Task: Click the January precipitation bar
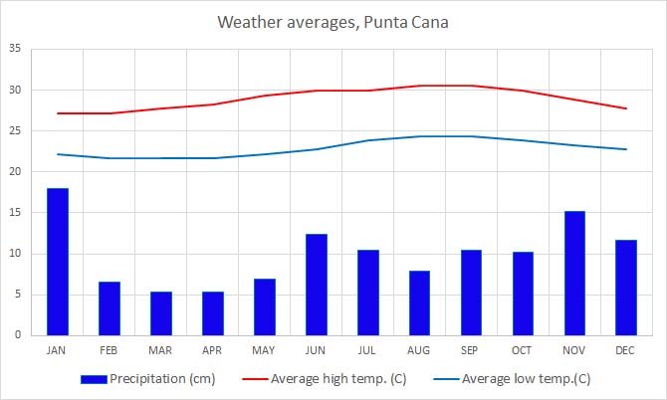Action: (x=58, y=262)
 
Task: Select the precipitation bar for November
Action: (x=574, y=273)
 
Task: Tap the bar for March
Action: (x=161, y=313)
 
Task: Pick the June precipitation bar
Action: (x=317, y=285)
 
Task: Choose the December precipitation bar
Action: (x=626, y=288)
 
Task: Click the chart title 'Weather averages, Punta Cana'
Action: (x=333, y=22)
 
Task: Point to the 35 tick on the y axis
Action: (x=15, y=49)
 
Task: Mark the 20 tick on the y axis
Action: (x=15, y=172)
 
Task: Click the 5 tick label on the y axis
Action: (x=18, y=295)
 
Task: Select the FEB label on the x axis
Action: (x=110, y=349)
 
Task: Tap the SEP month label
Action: (x=471, y=349)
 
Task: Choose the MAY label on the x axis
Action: (x=264, y=349)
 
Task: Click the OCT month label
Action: (x=523, y=349)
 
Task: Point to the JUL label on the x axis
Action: (x=367, y=349)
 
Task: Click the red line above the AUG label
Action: (x=419, y=86)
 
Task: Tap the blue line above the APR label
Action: (x=213, y=158)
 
